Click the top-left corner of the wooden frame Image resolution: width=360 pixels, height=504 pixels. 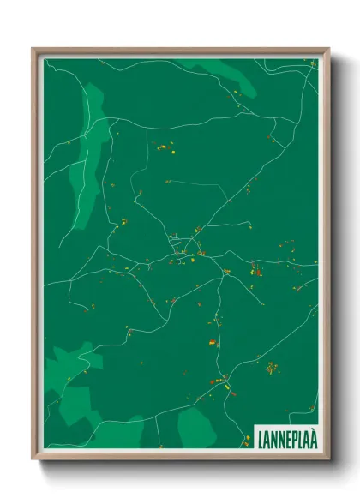pos(33,49)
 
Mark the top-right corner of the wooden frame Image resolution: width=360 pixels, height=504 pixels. pos(327,49)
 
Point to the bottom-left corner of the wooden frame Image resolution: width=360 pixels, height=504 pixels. pos(33,459)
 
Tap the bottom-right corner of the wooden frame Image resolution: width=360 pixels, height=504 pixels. pos(327,459)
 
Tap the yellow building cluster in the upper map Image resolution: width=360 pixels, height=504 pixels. pos(163,148)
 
